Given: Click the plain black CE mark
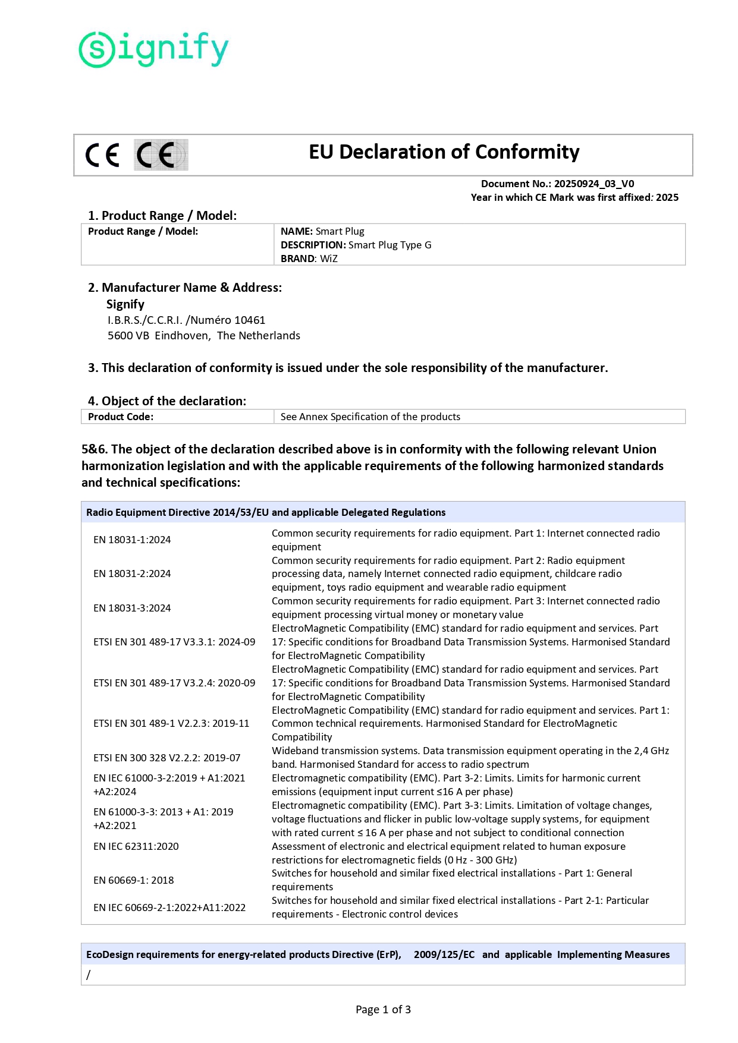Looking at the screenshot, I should point(102,155).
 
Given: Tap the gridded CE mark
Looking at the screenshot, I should point(161,155).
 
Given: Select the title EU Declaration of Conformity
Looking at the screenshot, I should point(444,152).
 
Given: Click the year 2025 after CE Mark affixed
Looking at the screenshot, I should point(667,198).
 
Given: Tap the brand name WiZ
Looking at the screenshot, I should point(329,259).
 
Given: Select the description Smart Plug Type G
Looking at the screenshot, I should point(390,245).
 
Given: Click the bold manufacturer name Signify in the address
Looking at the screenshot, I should point(125,304).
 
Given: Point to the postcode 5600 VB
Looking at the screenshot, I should point(128,336).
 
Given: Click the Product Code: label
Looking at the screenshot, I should point(121,417).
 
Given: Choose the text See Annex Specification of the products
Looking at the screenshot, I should point(370,417).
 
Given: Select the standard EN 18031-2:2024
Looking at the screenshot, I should point(132,574).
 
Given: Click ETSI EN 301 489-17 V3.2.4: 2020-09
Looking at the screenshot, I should point(174,683).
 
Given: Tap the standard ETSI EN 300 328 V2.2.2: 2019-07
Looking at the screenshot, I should point(167,758).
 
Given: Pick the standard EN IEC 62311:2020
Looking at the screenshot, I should point(136,847).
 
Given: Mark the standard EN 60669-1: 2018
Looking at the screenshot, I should point(134,881).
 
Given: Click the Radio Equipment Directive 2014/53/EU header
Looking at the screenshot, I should point(266,513).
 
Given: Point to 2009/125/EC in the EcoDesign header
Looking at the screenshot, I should point(444,955).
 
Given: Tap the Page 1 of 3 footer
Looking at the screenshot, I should point(383,1010).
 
